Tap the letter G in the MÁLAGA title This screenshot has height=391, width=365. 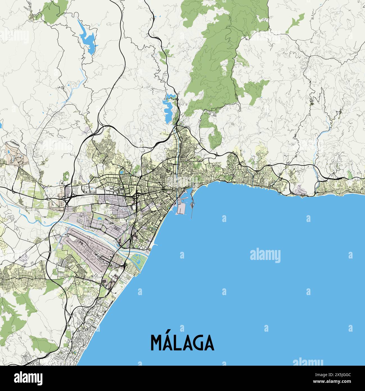point(196,343)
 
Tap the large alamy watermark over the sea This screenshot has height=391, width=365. point(265,255)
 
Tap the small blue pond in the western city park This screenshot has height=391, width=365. point(121,171)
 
